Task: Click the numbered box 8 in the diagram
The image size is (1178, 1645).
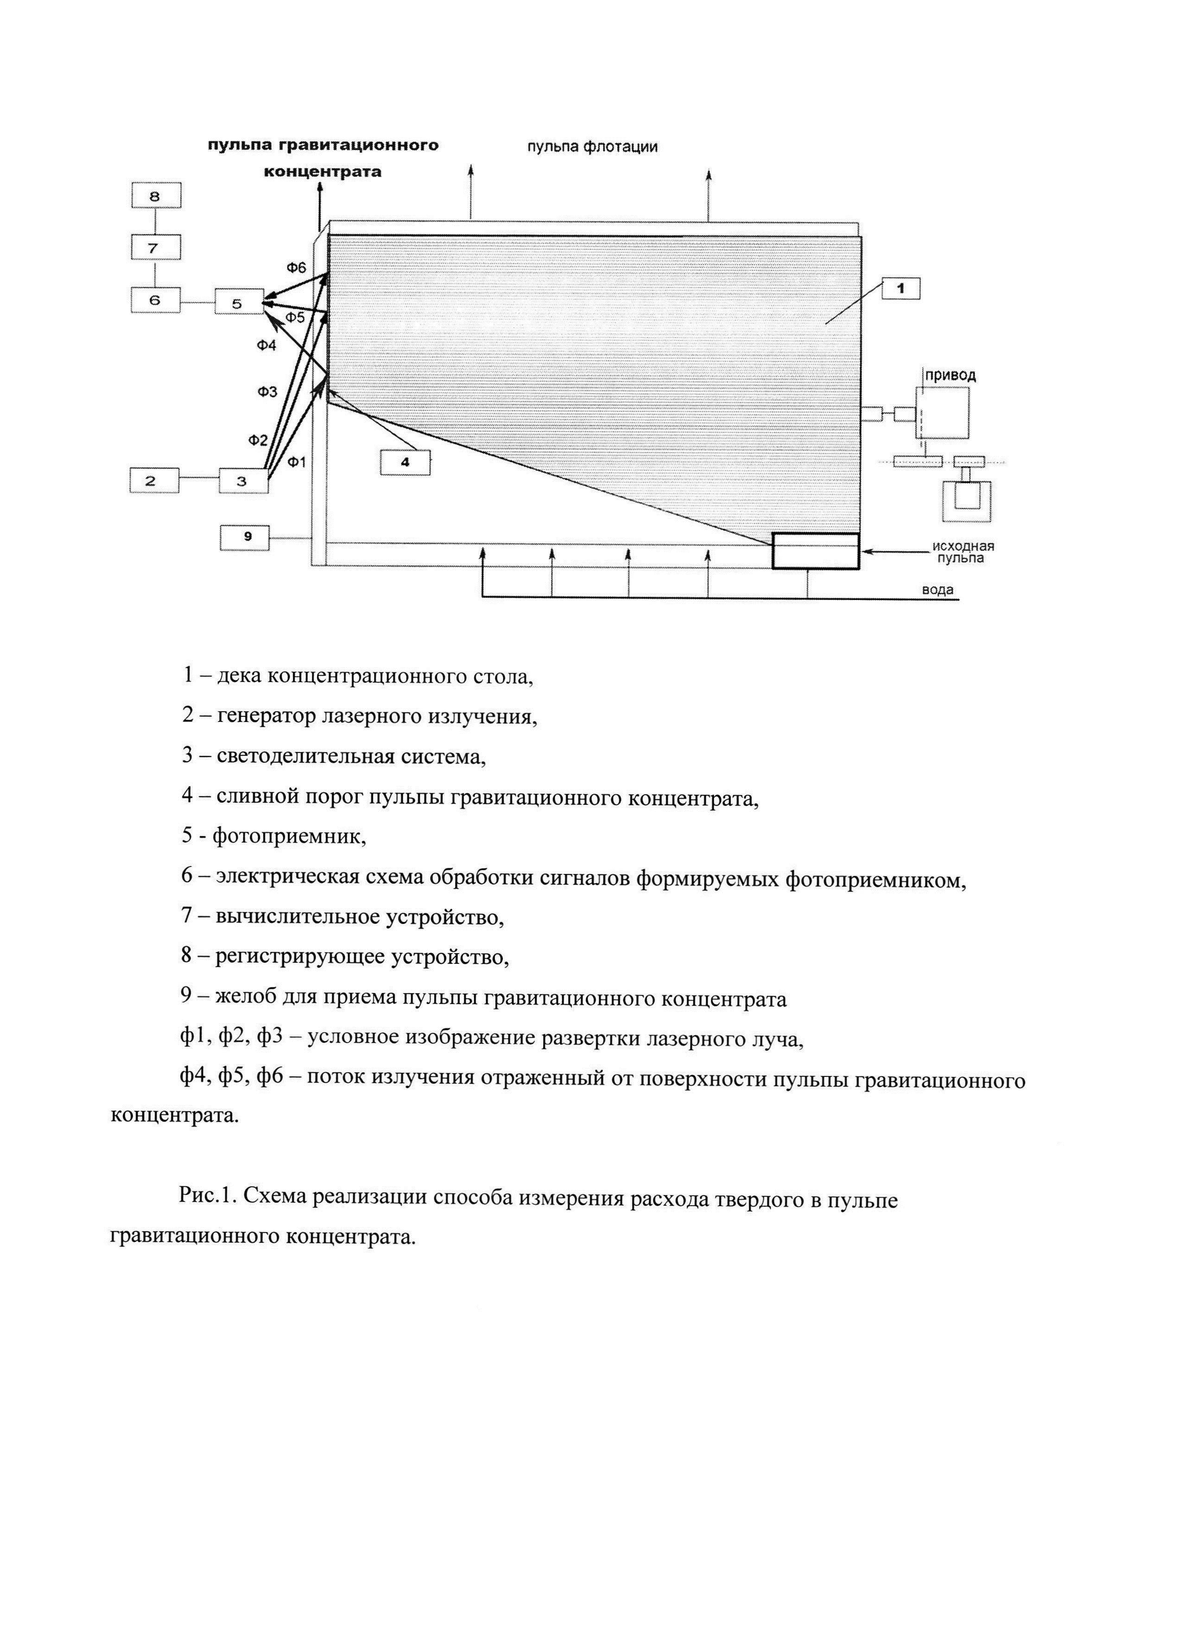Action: [x=155, y=196]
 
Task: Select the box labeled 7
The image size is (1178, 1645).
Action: [x=155, y=248]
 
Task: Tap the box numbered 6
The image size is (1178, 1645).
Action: [x=155, y=299]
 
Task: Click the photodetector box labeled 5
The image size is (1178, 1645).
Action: [x=239, y=303]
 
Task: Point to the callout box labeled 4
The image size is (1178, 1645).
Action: [x=405, y=462]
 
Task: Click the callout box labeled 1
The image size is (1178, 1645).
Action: [x=900, y=289]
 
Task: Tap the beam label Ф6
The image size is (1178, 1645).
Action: [x=296, y=268]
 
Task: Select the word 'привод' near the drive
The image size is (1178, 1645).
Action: [x=950, y=376]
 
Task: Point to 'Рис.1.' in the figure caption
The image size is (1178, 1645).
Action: [x=208, y=1200]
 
